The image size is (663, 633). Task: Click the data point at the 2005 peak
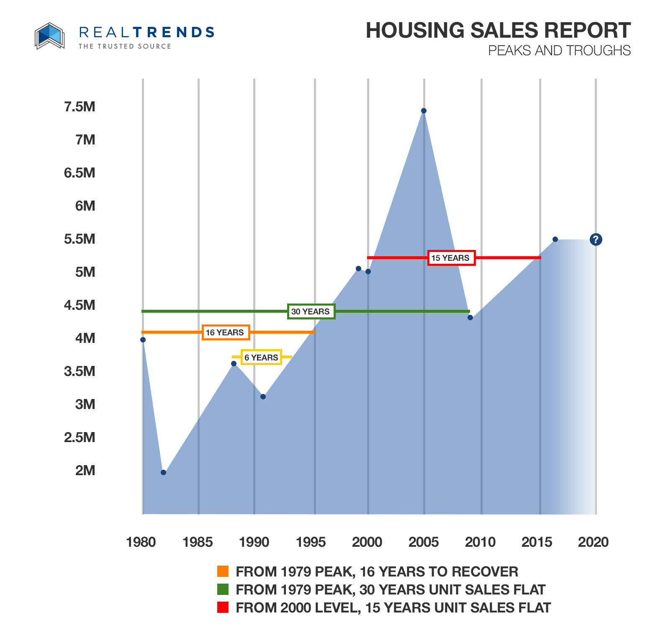click(424, 111)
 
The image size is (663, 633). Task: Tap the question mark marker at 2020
click(596, 239)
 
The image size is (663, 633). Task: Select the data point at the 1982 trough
click(163, 472)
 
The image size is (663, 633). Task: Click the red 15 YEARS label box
click(451, 258)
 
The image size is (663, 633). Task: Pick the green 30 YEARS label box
click(311, 311)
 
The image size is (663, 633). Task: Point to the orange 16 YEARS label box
click(225, 332)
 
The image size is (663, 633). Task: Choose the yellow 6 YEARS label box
click(261, 358)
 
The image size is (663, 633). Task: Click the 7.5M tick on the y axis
click(80, 107)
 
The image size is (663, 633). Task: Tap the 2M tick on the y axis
click(85, 471)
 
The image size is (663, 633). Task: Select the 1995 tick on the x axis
click(311, 542)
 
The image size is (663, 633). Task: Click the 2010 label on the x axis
click(480, 542)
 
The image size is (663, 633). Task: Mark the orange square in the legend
click(223, 571)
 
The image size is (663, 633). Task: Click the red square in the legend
click(223, 607)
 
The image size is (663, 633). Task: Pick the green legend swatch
click(223, 589)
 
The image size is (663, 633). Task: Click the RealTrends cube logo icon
click(49, 36)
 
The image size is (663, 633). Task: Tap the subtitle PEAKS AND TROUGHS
click(559, 51)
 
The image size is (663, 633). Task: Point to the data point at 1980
click(143, 340)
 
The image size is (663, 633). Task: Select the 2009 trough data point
click(470, 317)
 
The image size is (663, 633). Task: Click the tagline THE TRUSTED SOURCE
click(125, 46)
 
